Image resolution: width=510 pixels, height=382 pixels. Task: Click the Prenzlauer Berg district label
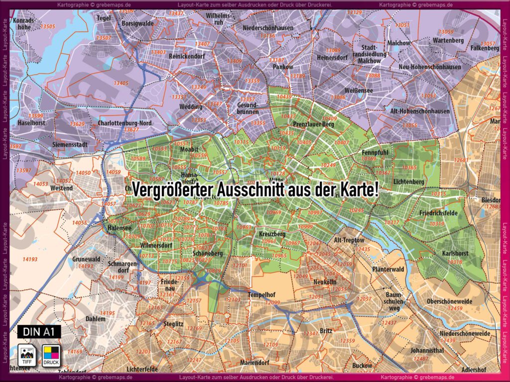click(313, 124)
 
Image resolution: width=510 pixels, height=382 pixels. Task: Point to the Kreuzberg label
click(272, 234)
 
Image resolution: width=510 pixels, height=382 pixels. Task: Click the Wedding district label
click(191, 106)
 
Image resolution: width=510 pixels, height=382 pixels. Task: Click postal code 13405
click(121, 83)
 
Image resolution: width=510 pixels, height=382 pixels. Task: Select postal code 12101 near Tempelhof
click(240, 266)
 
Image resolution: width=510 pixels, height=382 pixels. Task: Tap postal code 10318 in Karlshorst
click(455, 262)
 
